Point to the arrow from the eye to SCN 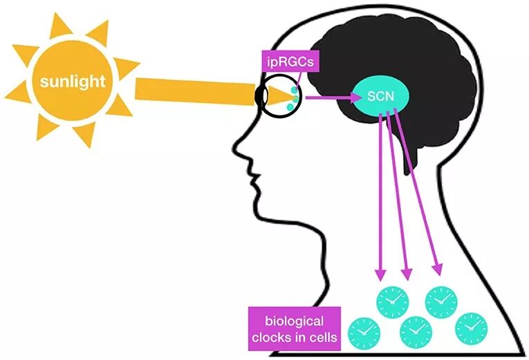pyautogui.click(x=332, y=97)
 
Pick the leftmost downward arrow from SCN pyautogui.click(x=380, y=193)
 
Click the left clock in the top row pyautogui.click(x=392, y=301)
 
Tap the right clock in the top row pyautogui.click(x=441, y=300)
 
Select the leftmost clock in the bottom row pyautogui.click(x=364, y=333)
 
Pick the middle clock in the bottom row pyautogui.click(x=416, y=332)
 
